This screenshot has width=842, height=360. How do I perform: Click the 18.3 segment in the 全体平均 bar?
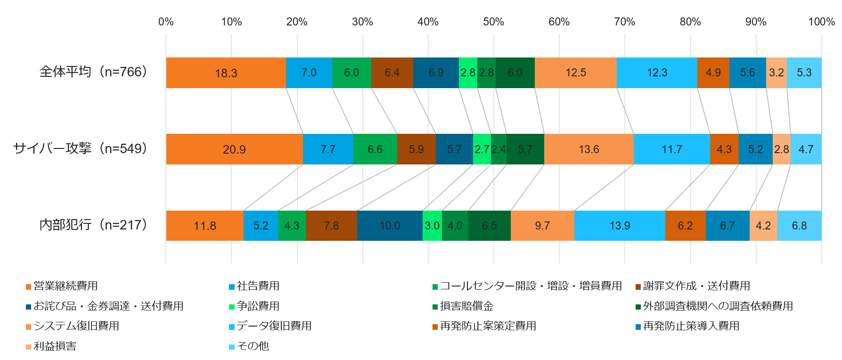226,73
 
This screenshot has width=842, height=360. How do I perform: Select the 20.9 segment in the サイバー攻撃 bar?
234,149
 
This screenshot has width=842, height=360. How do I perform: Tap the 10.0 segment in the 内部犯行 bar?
390,226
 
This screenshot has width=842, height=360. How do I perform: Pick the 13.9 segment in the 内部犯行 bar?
620,226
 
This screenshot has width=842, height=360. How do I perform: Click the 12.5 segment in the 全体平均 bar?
576,73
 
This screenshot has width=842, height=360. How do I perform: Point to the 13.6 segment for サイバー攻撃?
589,149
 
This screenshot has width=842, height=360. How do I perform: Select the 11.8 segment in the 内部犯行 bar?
205,226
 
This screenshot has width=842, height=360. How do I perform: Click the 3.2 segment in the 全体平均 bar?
776,73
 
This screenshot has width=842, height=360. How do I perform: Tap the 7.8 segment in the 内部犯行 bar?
331,226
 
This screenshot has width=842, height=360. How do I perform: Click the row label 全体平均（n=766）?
93,72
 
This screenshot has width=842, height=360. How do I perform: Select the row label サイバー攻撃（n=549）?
81,148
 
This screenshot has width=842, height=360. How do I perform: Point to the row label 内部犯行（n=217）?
93,225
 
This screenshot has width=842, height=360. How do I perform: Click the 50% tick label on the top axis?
493,22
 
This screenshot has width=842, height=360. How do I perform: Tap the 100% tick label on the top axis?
821,22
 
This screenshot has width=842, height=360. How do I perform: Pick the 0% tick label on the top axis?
166,22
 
